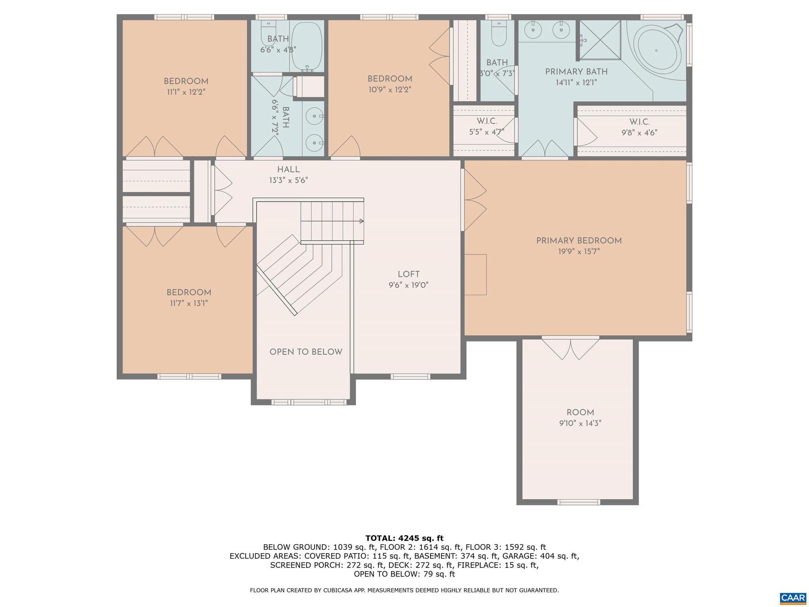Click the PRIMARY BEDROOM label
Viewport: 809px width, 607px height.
click(x=579, y=241)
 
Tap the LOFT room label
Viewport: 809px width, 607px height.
click(x=408, y=274)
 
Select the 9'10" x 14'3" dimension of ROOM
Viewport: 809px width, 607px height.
click(x=580, y=423)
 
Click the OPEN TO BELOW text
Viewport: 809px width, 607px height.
click(x=306, y=352)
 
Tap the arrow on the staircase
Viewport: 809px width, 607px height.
click(x=361, y=221)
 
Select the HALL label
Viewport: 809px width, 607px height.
click(x=288, y=170)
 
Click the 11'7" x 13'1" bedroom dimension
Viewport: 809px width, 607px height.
click(x=189, y=303)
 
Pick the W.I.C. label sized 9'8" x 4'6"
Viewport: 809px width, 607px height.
click(x=639, y=122)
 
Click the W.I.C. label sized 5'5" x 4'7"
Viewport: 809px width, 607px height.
click(x=487, y=121)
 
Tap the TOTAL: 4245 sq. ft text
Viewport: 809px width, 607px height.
click(x=404, y=538)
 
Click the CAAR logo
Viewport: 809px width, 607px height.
click(x=793, y=598)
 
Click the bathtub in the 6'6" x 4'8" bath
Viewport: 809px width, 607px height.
click(x=307, y=47)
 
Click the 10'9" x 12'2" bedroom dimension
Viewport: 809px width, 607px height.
click(x=389, y=90)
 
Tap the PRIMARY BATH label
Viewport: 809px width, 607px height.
click(x=576, y=72)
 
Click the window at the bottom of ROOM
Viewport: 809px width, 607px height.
click(x=579, y=502)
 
